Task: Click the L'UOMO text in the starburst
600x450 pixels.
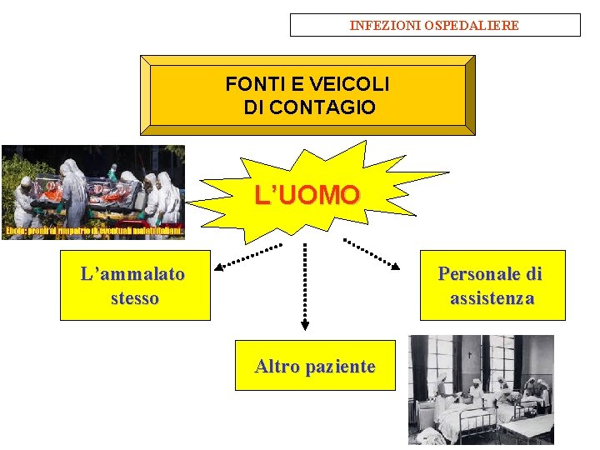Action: (x=307, y=196)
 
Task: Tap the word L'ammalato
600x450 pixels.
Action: (x=133, y=273)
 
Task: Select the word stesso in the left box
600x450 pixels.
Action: (x=134, y=297)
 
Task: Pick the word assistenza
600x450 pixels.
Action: (x=492, y=298)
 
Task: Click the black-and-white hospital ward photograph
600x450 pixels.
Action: (x=481, y=389)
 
